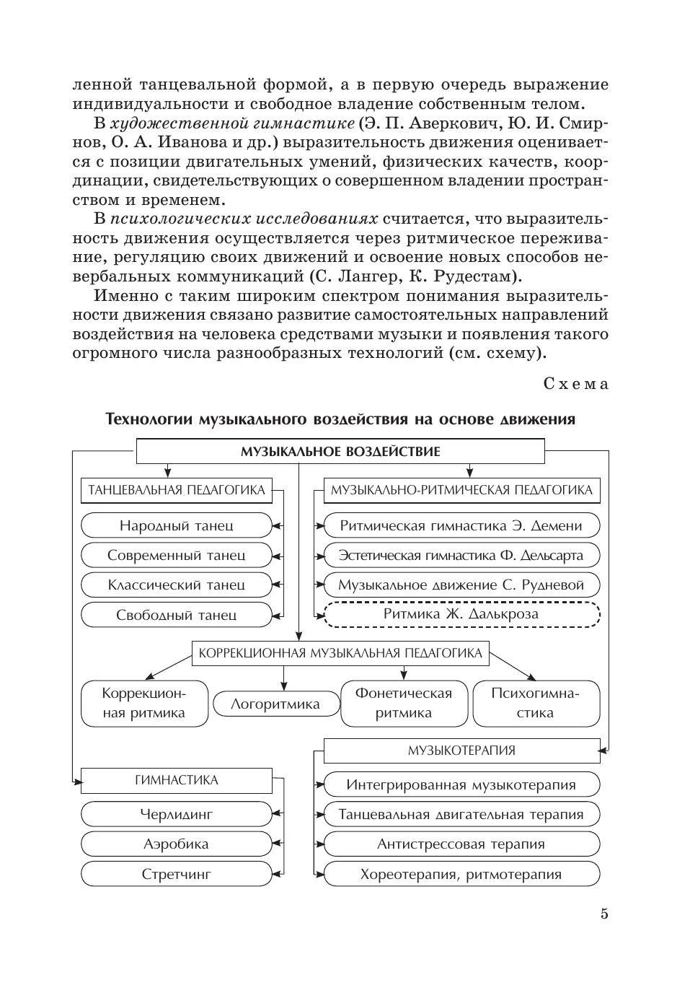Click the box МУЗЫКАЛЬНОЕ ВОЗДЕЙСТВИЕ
click(x=340, y=452)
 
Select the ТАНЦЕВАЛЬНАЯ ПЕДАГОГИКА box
click(x=177, y=491)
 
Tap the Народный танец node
click(x=177, y=525)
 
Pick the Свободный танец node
click(x=177, y=615)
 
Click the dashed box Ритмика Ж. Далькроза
click(x=461, y=615)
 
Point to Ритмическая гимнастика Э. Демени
click(x=461, y=525)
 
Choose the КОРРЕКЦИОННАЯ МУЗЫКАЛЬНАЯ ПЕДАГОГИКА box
click(x=340, y=654)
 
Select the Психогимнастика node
click(x=536, y=703)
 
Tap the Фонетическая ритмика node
click(x=404, y=703)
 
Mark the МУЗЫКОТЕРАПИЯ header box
click(x=461, y=751)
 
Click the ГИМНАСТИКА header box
click(x=177, y=780)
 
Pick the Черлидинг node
click(x=177, y=815)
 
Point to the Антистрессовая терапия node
click(x=461, y=844)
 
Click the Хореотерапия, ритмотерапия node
click(x=461, y=875)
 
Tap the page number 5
click(x=604, y=914)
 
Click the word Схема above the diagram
click(x=575, y=384)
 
